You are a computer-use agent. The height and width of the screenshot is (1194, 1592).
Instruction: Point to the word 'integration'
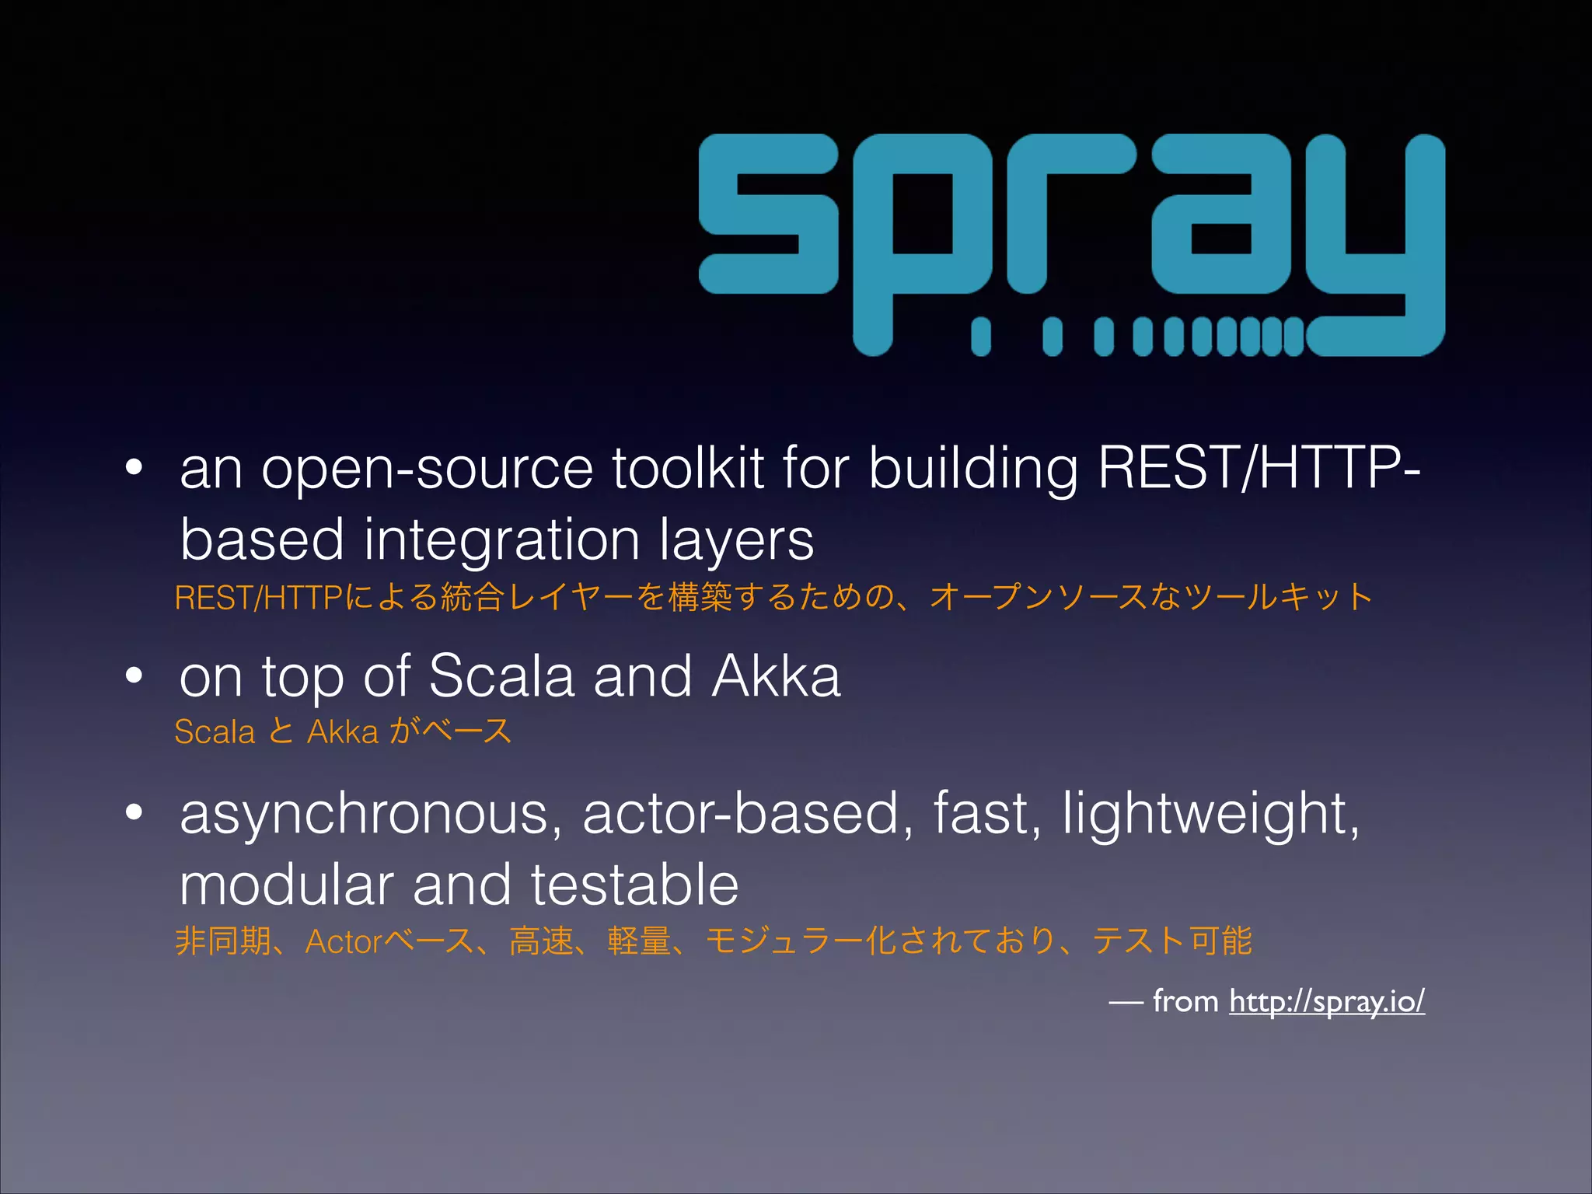pyautogui.click(x=501, y=539)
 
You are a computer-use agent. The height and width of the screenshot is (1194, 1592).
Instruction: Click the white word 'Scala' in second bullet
pyautogui.click(x=501, y=676)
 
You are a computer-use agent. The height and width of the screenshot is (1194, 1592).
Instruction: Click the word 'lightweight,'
pyautogui.click(x=1211, y=815)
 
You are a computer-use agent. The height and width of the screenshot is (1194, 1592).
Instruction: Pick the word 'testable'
pyautogui.click(x=634, y=885)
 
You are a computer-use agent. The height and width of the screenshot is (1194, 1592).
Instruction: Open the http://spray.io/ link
pyautogui.click(x=1326, y=1001)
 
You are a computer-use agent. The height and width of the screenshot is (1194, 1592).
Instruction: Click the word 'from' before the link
pyautogui.click(x=1185, y=1001)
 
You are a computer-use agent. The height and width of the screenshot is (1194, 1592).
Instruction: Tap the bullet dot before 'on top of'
pyautogui.click(x=134, y=676)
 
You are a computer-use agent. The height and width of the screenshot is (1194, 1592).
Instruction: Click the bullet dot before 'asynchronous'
pyautogui.click(x=134, y=812)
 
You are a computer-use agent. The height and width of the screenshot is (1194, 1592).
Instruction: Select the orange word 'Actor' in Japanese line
pyautogui.click(x=344, y=942)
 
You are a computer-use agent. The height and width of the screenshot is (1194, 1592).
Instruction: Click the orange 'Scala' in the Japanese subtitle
pyautogui.click(x=215, y=732)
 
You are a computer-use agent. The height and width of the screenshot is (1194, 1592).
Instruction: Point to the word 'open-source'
pyautogui.click(x=427, y=470)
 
